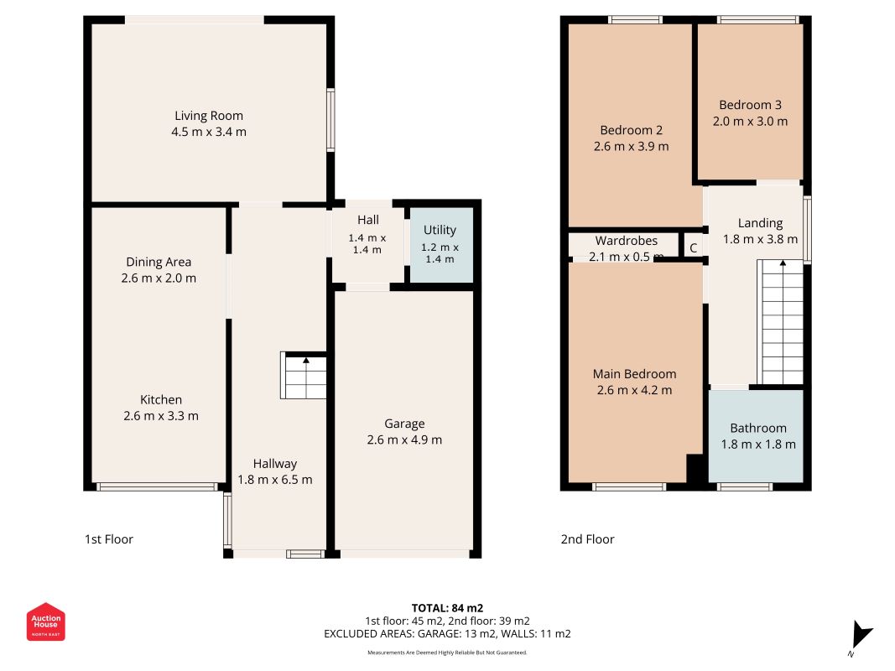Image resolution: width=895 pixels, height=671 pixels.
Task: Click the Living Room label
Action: click(209, 116)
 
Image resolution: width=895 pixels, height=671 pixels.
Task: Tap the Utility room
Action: click(441, 245)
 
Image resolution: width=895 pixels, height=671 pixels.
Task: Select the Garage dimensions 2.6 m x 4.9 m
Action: click(404, 440)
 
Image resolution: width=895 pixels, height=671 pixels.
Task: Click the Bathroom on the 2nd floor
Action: click(756, 436)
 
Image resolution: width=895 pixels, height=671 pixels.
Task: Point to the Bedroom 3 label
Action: click(750, 105)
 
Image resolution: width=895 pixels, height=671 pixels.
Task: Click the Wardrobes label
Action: click(626, 241)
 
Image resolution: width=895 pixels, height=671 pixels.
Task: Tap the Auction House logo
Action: click(45, 622)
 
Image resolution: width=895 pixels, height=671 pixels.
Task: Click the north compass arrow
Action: click(861, 635)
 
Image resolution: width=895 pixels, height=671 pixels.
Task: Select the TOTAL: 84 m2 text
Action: click(448, 608)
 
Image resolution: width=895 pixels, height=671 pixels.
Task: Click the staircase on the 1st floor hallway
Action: click(304, 376)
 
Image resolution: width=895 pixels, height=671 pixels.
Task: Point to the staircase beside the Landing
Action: click(780, 322)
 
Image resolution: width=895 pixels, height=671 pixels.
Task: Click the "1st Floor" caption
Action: click(109, 539)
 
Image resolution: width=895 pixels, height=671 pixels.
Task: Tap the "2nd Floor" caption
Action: click(587, 539)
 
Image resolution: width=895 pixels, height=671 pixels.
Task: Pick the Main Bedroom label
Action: click(635, 374)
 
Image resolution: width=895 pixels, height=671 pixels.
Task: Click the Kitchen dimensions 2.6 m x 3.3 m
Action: click(161, 416)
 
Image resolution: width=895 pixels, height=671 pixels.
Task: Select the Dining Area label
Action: click(159, 263)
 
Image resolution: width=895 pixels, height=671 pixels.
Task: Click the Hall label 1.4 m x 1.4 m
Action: click(367, 234)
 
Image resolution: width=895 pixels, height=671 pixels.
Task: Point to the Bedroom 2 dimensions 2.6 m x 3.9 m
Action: click(632, 147)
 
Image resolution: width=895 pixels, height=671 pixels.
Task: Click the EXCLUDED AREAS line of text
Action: click(448, 634)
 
